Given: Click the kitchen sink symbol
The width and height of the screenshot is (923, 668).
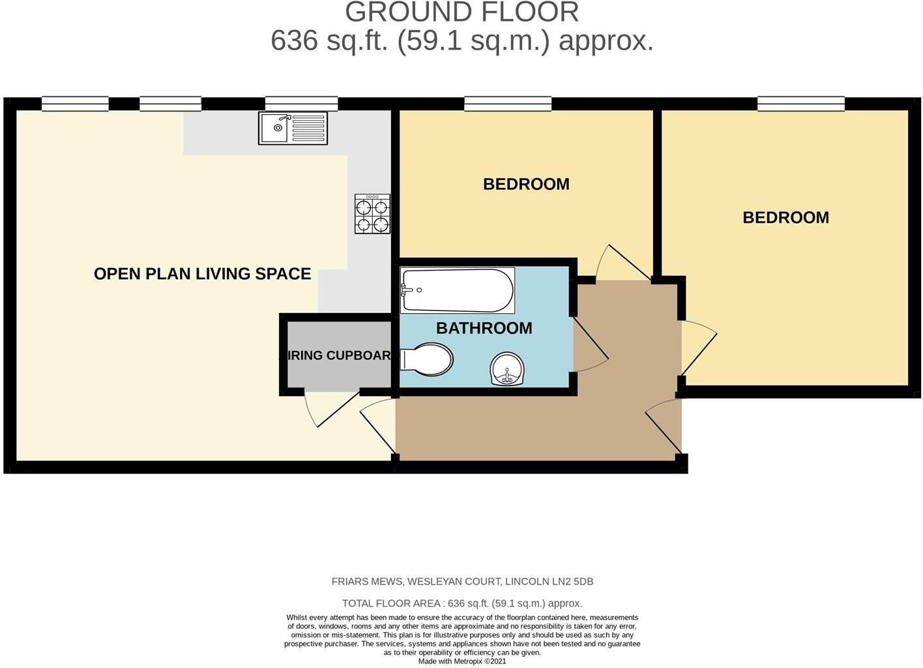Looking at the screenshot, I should [x=293, y=128].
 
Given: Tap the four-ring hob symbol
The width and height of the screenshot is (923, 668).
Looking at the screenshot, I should [x=372, y=215].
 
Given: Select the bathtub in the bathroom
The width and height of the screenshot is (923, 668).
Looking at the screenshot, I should [x=457, y=290].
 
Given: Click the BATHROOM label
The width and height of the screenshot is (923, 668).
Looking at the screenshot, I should [x=484, y=328].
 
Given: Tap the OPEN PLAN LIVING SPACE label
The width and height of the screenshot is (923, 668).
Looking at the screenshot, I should [x=202, y=274].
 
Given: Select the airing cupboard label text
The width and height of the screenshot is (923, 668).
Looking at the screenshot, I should [x=339, y=356].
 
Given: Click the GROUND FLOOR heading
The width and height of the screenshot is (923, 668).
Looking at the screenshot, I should [x=461, y=13].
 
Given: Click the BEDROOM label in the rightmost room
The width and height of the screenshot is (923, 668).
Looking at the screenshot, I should [x=785, y=218].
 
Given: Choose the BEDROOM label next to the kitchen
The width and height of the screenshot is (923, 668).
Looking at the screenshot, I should [x=526, y=185].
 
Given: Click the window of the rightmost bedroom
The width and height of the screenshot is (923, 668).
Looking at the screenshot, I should [x=800, y=103].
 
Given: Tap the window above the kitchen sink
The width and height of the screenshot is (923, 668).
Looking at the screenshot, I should [x=301, y=103].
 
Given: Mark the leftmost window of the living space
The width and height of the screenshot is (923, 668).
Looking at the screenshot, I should [x=75, y=103].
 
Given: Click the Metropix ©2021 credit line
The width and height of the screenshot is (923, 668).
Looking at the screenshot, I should [x=461, y=661].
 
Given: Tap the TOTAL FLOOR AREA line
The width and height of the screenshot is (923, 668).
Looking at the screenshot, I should [x=461, y=603].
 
